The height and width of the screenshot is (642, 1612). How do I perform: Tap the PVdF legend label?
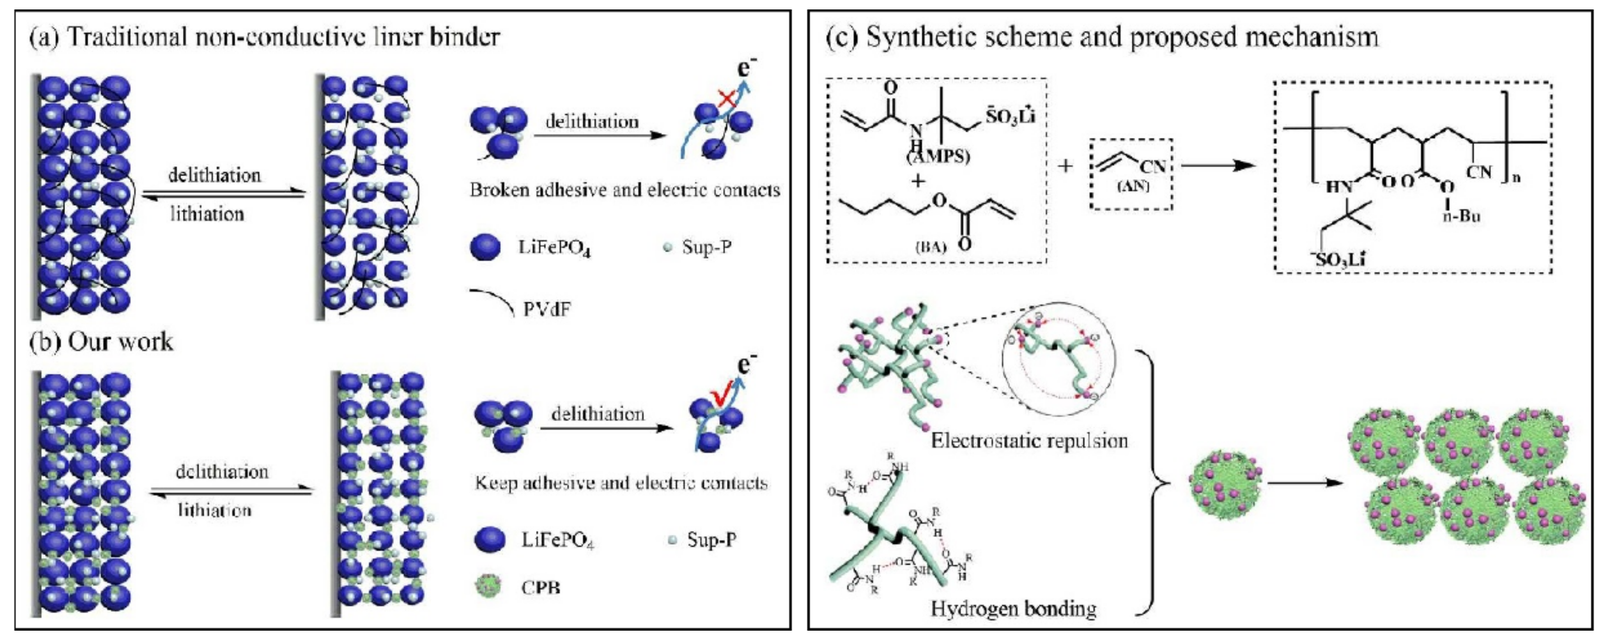pos(547,309)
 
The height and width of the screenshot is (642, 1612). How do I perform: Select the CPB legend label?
pos(541,588)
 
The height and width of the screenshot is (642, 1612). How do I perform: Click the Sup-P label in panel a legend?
pos(707,247)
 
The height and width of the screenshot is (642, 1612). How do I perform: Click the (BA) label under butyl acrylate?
pos(930,247)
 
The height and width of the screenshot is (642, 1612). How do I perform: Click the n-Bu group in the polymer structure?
pos(1461,216)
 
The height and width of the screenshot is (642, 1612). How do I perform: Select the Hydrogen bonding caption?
pos(1013,608)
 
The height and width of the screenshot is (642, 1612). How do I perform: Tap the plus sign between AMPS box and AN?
pos(1064,166)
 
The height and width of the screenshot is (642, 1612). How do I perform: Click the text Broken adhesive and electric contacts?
pos(624,190)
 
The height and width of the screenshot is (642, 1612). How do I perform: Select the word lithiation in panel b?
pos(214,510)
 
